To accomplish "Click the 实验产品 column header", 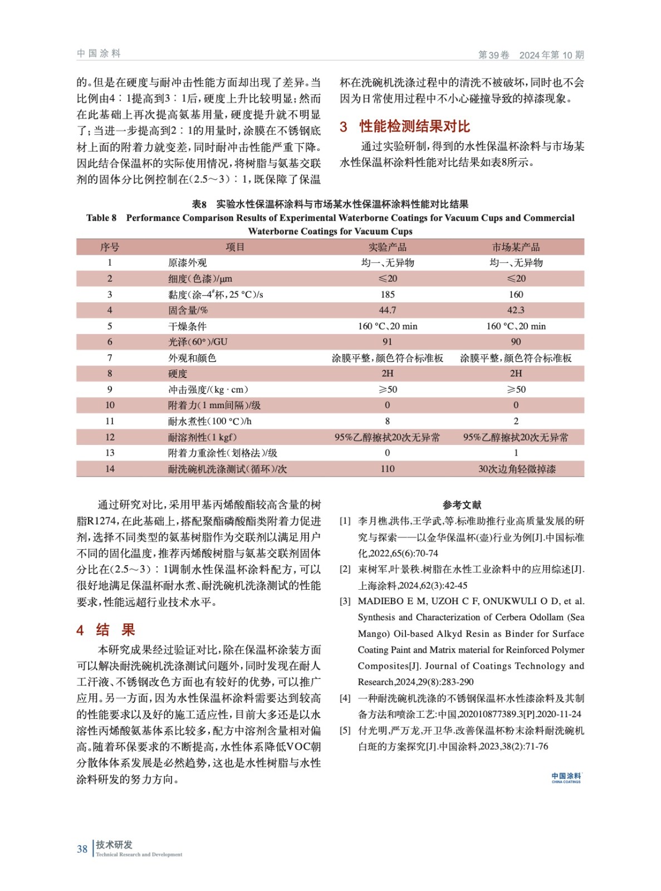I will (387, 247).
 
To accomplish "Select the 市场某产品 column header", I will (516, 247).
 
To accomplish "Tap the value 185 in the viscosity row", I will (387, 295).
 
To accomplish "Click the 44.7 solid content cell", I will (387, 310).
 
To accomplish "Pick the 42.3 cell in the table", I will (516, 310).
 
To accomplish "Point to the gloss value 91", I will (387, 342).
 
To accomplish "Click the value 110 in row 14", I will (387, 469).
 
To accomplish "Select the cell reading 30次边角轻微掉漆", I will (516, 469).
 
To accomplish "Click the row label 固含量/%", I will (188, 310).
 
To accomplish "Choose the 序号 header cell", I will (110, 247).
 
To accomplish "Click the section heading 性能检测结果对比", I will (414, 126).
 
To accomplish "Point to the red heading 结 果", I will (115, 630).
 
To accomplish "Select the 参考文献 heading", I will (462, 505).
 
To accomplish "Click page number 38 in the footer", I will (82, 849).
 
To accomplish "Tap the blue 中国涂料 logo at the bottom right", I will (566, 777).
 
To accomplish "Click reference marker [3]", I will (345, 601).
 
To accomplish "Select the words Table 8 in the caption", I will (101, 218).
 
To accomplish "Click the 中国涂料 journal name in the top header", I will (99, 53).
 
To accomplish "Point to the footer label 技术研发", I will (114, 845).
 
